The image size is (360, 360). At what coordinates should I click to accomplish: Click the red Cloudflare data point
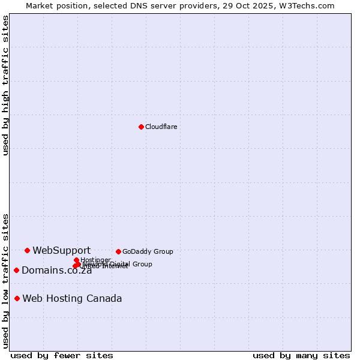tap(141, 127)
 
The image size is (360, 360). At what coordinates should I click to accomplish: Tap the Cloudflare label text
tap(161, 127)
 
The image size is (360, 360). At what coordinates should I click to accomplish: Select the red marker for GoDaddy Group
tap(118, 251)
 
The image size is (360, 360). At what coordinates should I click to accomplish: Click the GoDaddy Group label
tap(148, 251)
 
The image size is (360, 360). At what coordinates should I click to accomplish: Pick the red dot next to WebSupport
tap(27, 250)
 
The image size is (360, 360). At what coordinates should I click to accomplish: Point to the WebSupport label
tap(61, 251)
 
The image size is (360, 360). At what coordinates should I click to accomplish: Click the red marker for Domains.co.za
tap(16, 270)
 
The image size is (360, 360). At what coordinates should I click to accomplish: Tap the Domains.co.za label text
tap(56, 271)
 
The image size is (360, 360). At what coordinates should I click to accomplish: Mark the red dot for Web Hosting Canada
tap(17, 298)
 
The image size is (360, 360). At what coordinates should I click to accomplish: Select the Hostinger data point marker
tap(76, 260)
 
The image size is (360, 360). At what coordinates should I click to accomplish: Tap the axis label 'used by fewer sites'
tap(62, 355)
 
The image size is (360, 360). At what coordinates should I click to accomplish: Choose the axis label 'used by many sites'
tap(301, 355)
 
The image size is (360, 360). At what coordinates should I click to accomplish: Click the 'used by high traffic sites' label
tap(5, 85)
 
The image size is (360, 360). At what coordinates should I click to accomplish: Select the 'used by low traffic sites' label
tap(5, 280)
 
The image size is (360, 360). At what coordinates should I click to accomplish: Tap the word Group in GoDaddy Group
tap(163, 251)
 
